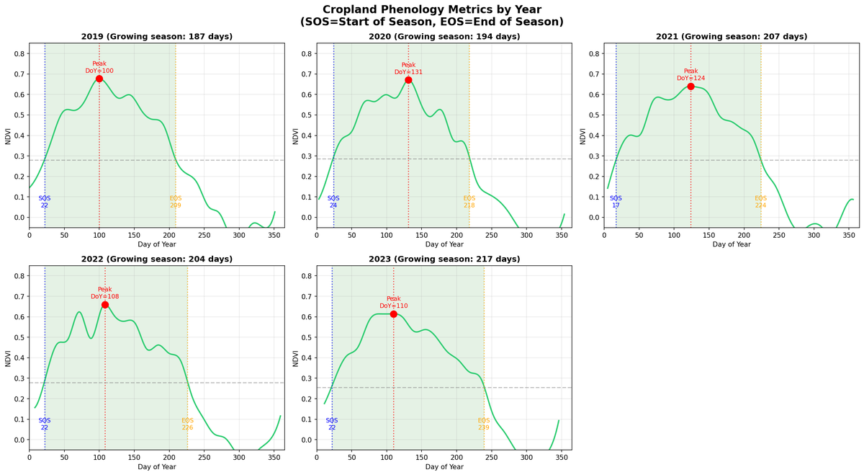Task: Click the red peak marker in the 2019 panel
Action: click(99, 79)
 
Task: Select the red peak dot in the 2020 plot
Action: click(408, 80)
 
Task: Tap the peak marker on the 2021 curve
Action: click(690, 86)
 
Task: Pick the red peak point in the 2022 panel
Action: click(105, 305)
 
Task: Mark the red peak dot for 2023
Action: click(393, 314)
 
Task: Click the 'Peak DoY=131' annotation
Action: click(408, 68)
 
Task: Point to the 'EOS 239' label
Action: click(484, 424)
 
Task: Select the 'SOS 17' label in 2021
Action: click(616, 202)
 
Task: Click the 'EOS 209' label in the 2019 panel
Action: click(176, 202)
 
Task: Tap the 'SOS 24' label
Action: click(333, 202)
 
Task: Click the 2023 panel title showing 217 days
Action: click(444, 259)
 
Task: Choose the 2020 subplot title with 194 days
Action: click(444, 37)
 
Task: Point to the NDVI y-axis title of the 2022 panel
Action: click(8, 358)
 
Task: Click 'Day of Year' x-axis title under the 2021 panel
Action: click(732, 245)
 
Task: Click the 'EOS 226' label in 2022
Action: click(187, 424)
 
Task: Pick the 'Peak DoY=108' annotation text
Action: click(105, 293)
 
